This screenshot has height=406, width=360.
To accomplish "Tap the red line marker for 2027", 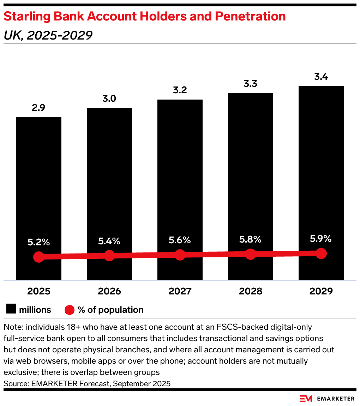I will pyautogui.click(x=180, y=255).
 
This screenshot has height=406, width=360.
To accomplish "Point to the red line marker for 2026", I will pyautogui.click(x=109, y=256).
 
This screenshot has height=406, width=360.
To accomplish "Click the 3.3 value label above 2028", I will pyautogui.click(x=250, y=84).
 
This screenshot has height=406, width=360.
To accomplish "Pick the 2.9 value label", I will pyautogui.click(x=38, y=108).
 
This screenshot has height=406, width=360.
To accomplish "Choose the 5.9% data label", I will pyautogui.click(x=321, y=239).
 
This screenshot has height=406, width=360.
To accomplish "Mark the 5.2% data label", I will pyautogui.click(x=39, y=242).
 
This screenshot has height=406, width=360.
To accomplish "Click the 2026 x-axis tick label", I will pyautogui.click(x=109, y=291).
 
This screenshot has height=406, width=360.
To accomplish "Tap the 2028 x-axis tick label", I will pyautogui.click(x=250, y=291).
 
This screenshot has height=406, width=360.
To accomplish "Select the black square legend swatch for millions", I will pyautogui.click(x=11, y=310).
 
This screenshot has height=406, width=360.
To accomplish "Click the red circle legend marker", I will pyautogui.click(x=70, y=310).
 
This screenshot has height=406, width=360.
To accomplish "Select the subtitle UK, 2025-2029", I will pyautogui.click(x=48, y=35).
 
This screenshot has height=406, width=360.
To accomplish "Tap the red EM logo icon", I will pyautogui.click(x=306, y=398).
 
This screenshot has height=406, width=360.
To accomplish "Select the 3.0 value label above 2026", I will pyautogui.click(x=109, y=98).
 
